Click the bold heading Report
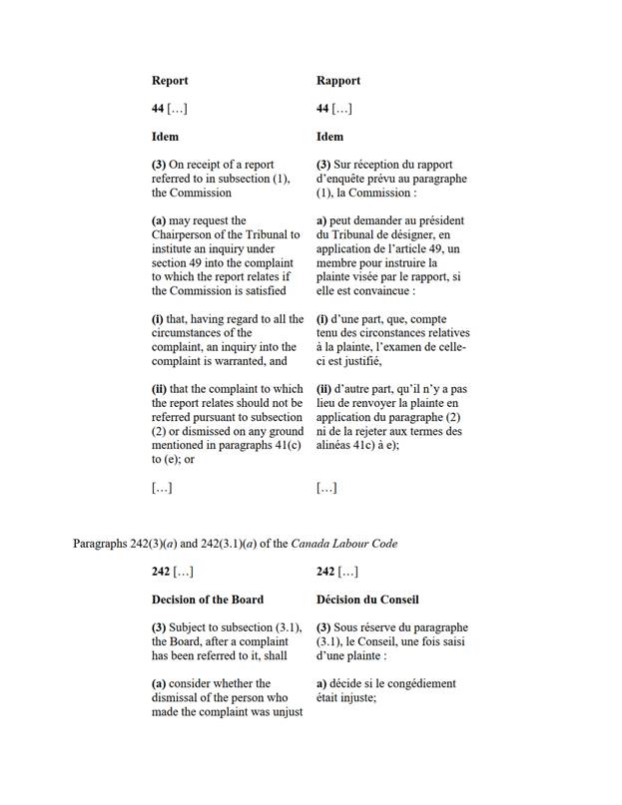click(x=170, y=81)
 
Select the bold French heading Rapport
click(x=338, y=81)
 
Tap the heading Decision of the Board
click(x=208, y=600)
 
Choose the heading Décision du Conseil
click(x=367, y=600)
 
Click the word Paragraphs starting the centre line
click(x=100, y=543)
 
